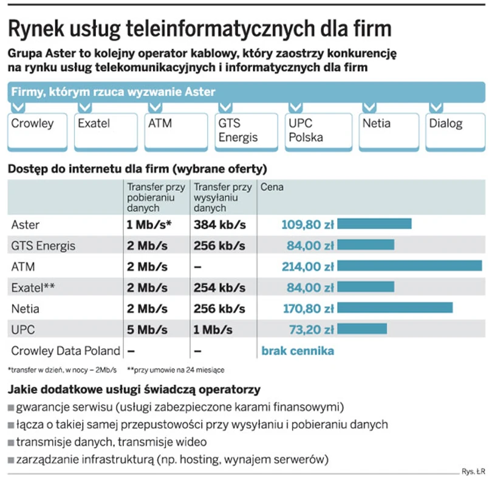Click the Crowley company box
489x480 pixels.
(x=37, y=130)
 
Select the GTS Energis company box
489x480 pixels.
(x=245, y=130)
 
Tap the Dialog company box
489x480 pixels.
(x=455, y=130)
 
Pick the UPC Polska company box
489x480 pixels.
(x=315, y=130)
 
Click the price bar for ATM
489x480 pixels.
(x=409, y=266)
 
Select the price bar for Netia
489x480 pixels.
(x=395, y=308)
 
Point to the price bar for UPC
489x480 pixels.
(x=362, y=329)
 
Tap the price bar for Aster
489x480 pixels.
(x=374, y=224)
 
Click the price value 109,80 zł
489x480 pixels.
(x=307, y=225)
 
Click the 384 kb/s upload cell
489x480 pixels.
(x=219, y=225)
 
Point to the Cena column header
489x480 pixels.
(x=272, y=188)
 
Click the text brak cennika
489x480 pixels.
(x=298, y=351)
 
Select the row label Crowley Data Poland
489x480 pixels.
(x=66, y=351)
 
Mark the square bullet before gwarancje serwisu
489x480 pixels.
(x=11, y=406)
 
